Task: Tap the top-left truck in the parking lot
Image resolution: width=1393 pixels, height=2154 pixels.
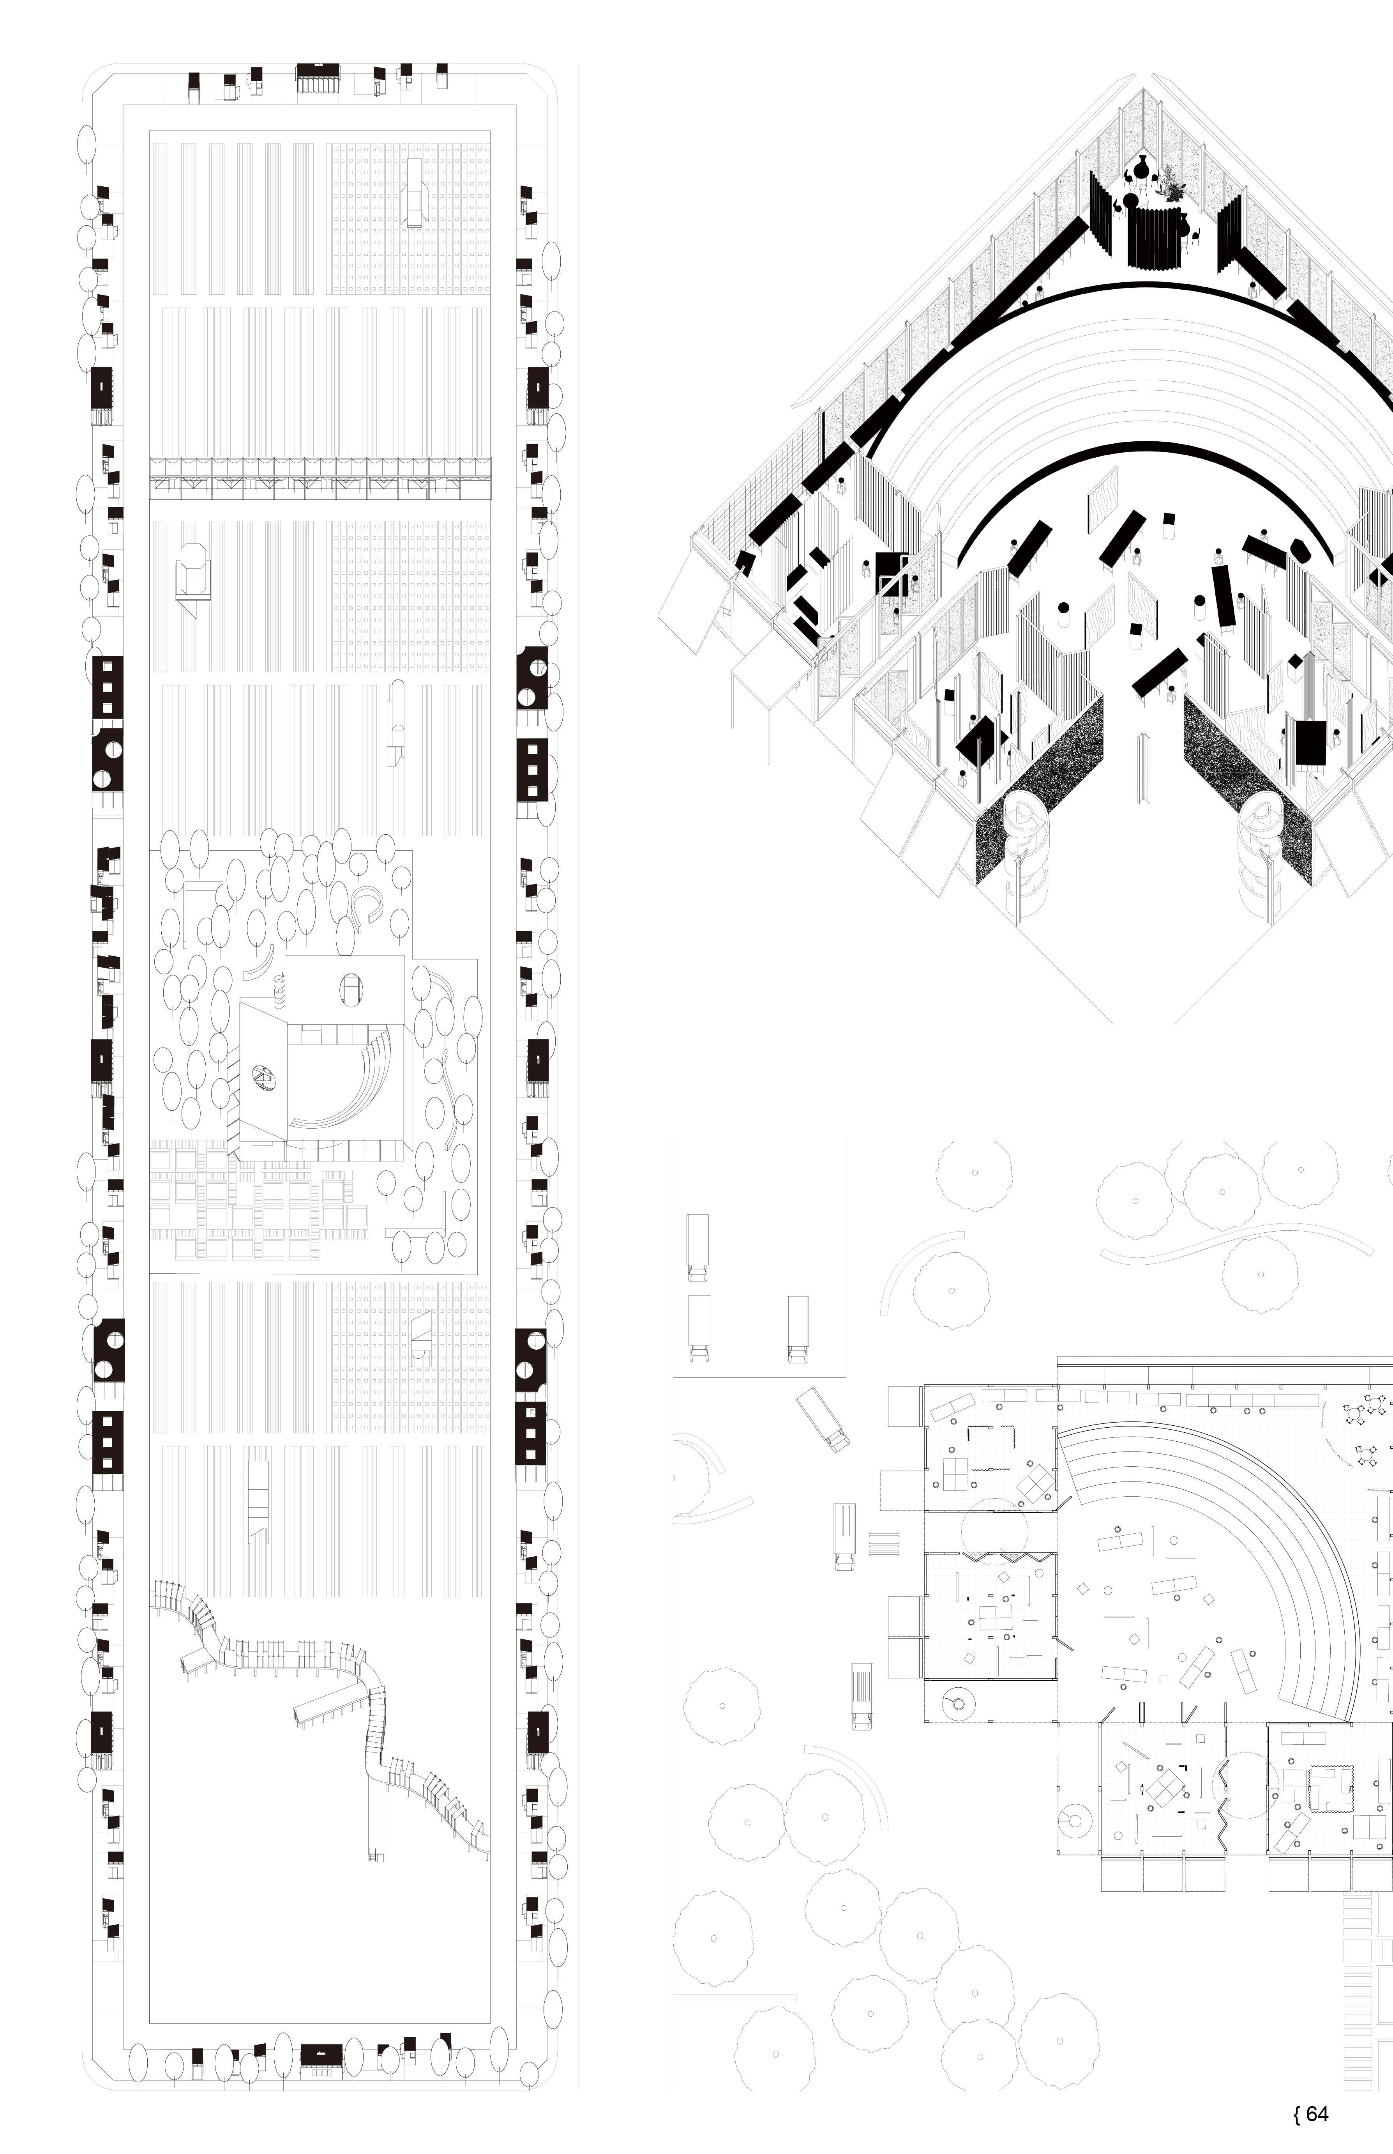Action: pos(697,1247)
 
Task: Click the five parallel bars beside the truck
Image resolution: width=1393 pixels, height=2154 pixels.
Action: pos(885,1542)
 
